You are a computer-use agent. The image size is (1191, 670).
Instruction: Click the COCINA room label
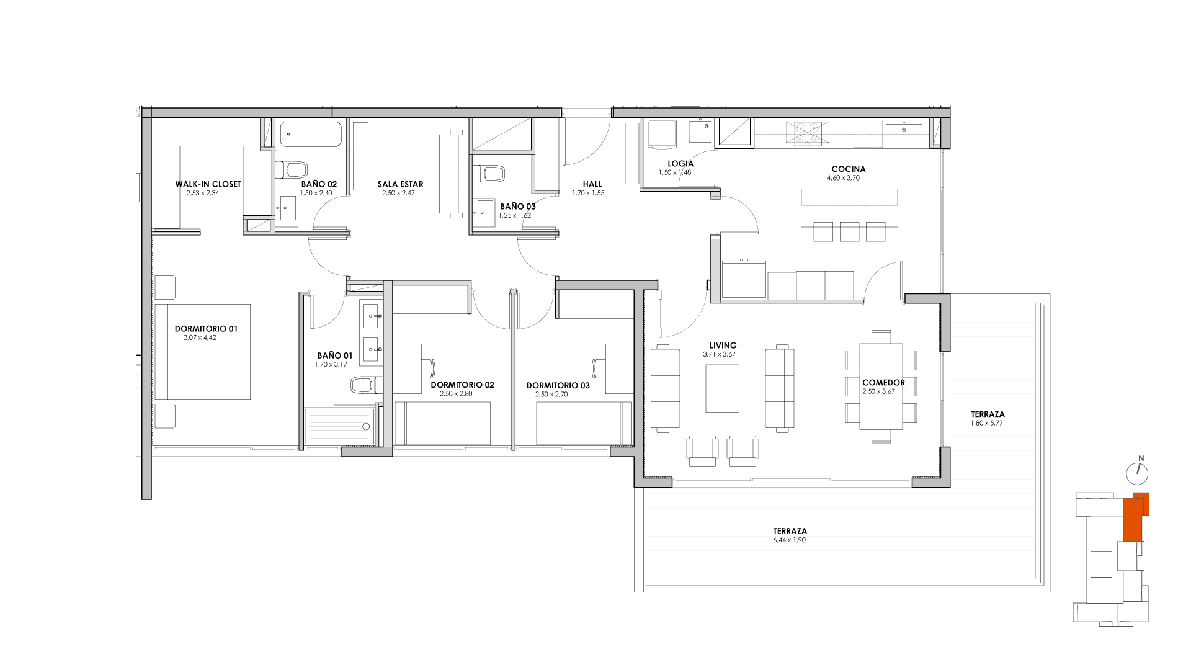(x=848, y=169)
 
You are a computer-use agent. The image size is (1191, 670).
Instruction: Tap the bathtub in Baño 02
(x=311, y=135)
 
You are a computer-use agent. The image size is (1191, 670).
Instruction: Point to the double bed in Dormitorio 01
(x=203, y=351)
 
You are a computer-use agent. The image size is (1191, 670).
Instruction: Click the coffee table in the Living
(x=722, y=388)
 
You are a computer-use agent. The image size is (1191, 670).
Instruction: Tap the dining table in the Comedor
(x=881, y=386)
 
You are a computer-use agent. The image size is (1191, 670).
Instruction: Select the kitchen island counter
(x=849, y=208)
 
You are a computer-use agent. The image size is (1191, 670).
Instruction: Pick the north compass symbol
(x=1138, y=473)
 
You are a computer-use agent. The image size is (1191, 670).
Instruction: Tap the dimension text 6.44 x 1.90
(x=789, y=540)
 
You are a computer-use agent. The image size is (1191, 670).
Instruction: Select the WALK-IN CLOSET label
(x=208, y=184)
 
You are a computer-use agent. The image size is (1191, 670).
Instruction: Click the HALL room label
(x=592, y=184)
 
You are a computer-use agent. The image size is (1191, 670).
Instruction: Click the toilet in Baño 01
(x=362, y=385)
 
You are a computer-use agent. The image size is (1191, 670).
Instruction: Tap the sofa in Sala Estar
(x=452, y=174)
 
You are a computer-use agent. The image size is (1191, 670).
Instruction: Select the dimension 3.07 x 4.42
(x=200, y=338)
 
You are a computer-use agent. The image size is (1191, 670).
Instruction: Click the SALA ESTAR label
(x=400, y=184)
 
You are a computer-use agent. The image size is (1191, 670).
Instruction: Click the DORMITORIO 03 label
(x=558, y=385)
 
